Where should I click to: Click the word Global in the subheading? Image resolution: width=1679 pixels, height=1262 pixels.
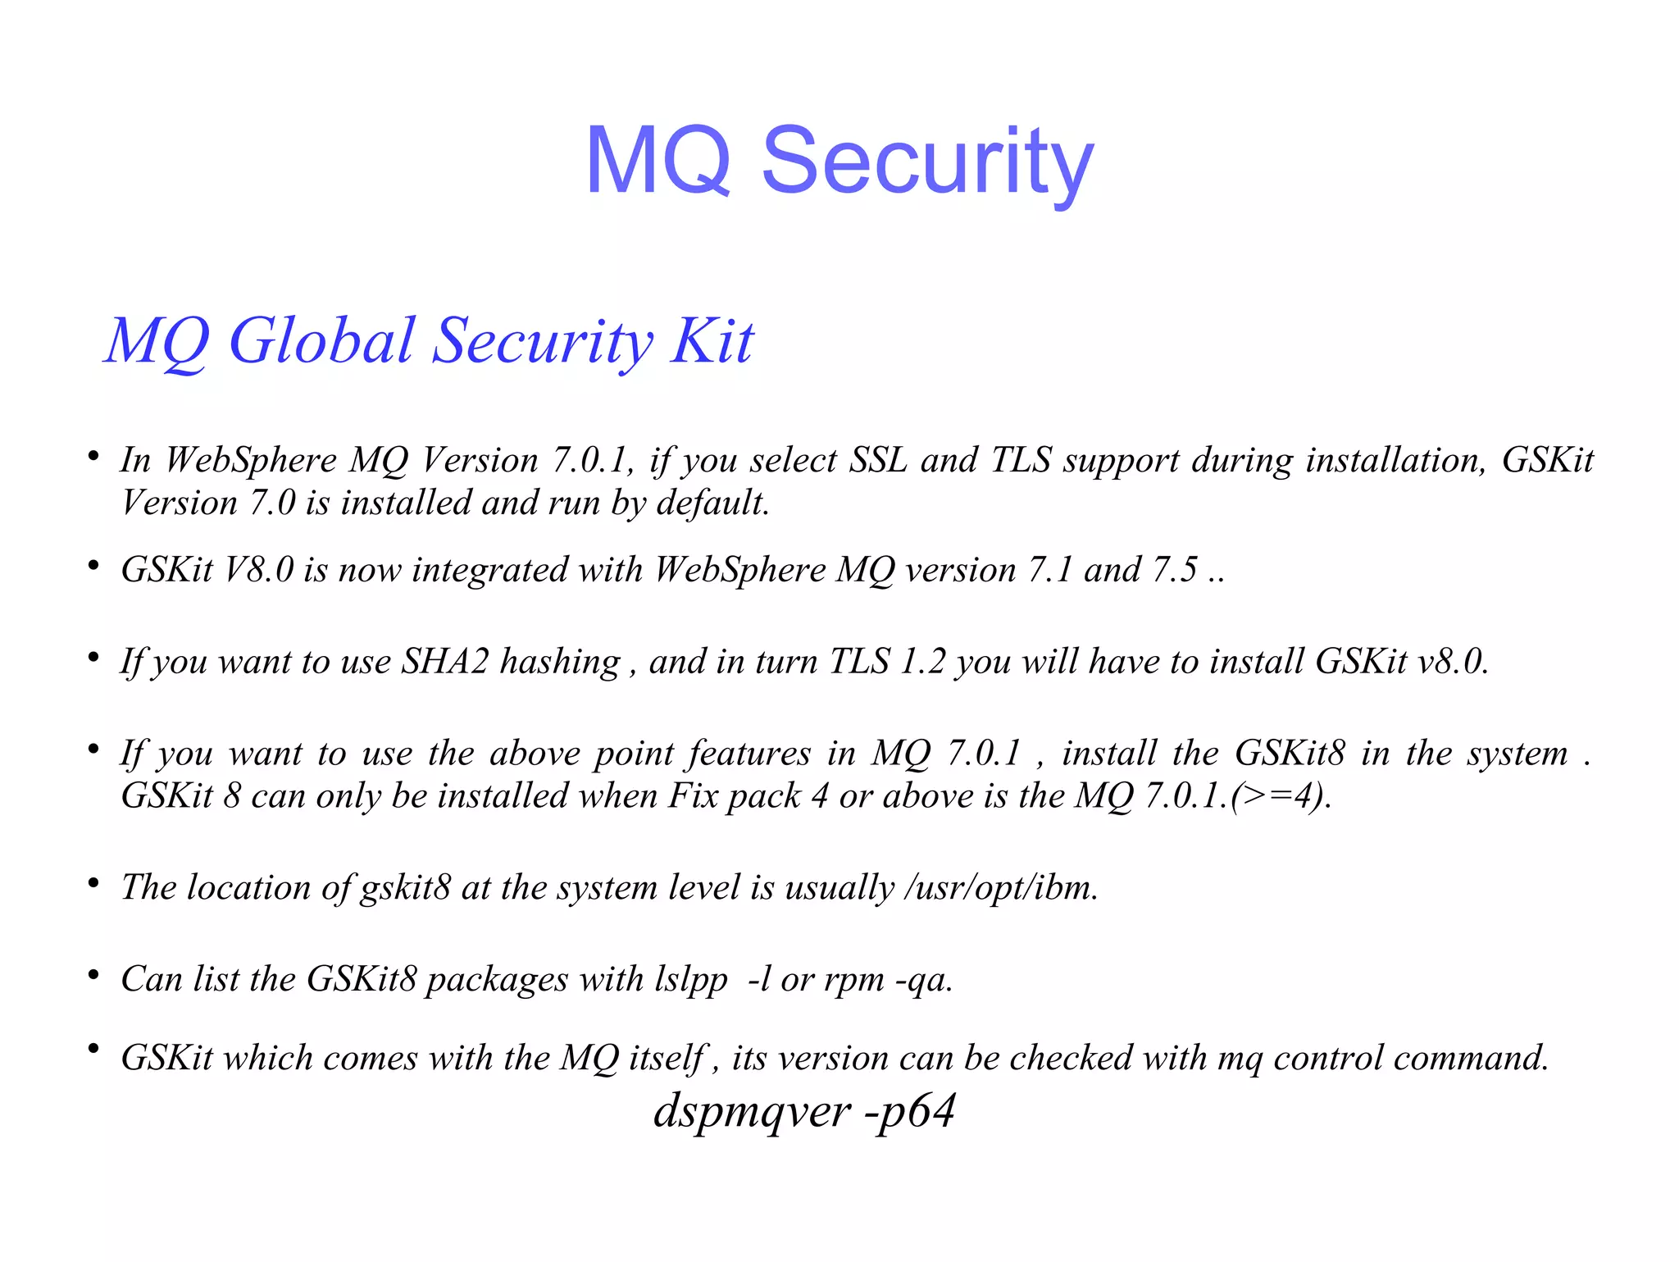(x=321, y=341)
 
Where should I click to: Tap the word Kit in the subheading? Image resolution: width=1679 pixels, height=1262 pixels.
(x=712, y=341)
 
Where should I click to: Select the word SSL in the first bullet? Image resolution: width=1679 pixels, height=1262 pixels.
(x=878, y=460)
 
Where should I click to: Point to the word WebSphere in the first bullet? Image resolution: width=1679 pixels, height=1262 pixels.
(x=251, y=460)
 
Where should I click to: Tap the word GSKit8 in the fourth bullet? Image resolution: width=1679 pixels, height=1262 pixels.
(x=1290, y=754)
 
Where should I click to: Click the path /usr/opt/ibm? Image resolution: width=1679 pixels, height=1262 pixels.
(x=1000, y=887)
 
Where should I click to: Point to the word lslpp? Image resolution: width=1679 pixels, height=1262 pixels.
(x=691, y=979)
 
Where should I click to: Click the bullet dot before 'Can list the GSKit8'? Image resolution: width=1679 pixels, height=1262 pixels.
(x=94, y=975)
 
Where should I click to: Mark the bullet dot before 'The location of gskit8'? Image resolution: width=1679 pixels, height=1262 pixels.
(x=94, y=883)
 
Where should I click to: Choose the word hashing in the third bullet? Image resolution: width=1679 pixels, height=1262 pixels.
(x=560, y=662)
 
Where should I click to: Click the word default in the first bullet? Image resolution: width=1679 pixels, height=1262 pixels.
(x=712, y=503)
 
